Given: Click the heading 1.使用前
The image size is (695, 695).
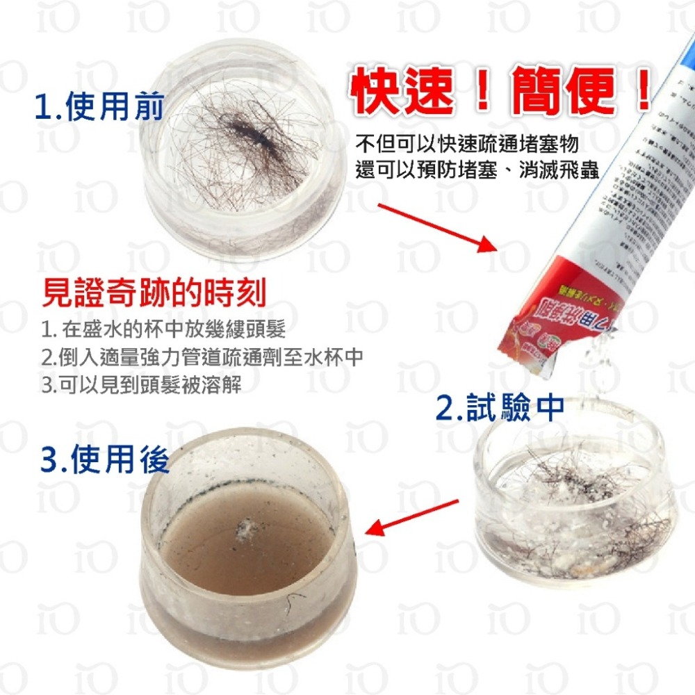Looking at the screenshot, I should pyautogui.click(x=99, y=108).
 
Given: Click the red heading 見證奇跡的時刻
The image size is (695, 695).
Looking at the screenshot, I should pyautogui.click(x=154, y=293).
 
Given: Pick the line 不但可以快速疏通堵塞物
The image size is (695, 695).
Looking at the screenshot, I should pyautogui.click(x=466, y=145).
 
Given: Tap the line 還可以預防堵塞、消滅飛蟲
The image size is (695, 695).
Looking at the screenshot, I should pyautogui.click(x=477, y=171).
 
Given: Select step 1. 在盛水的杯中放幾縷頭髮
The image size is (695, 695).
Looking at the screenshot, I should pyautogui.click(x=163, y=329).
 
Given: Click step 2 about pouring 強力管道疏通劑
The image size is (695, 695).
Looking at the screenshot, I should pyautogui.click(x=202, y=357).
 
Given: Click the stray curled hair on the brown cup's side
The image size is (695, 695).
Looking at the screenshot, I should pyautogui.click(x=295, y=603).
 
